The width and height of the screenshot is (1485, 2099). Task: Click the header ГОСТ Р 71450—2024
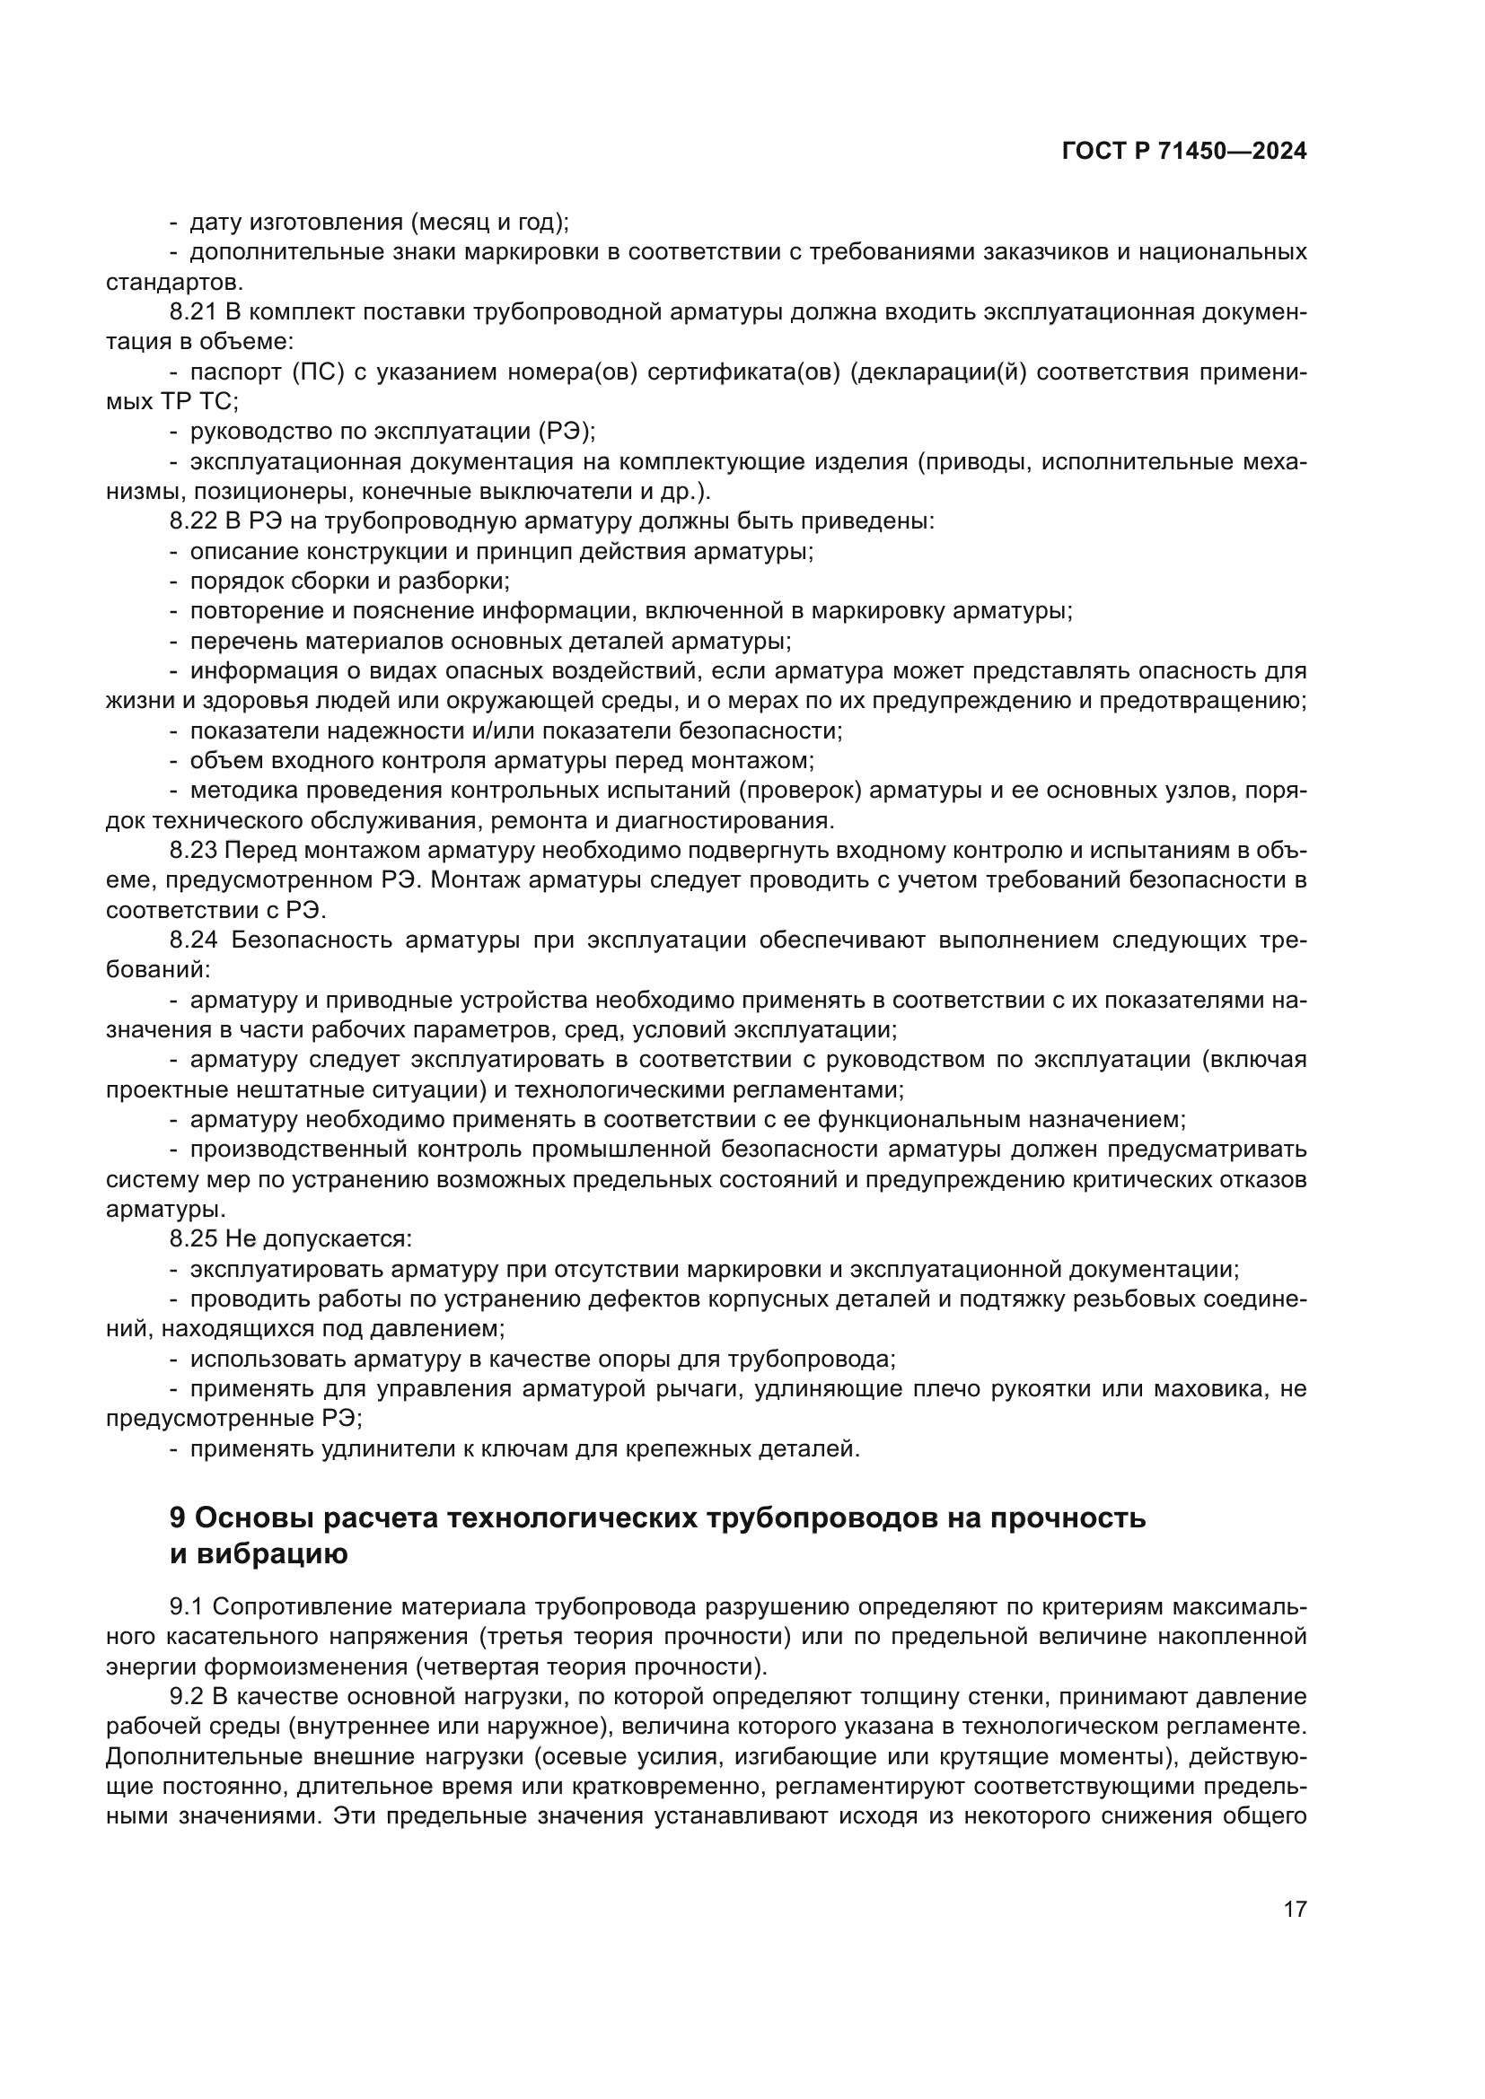(1184, 152)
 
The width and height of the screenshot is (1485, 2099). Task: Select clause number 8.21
(193, 311)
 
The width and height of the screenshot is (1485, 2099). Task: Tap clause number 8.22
(193, 521)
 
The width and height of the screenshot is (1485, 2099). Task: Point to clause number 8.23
(193, 850)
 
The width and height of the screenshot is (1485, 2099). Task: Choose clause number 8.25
(193, 1238)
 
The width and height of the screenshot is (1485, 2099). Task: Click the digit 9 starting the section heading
(179, 1518)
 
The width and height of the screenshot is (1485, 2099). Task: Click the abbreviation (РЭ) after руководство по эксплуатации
(566, 432)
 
